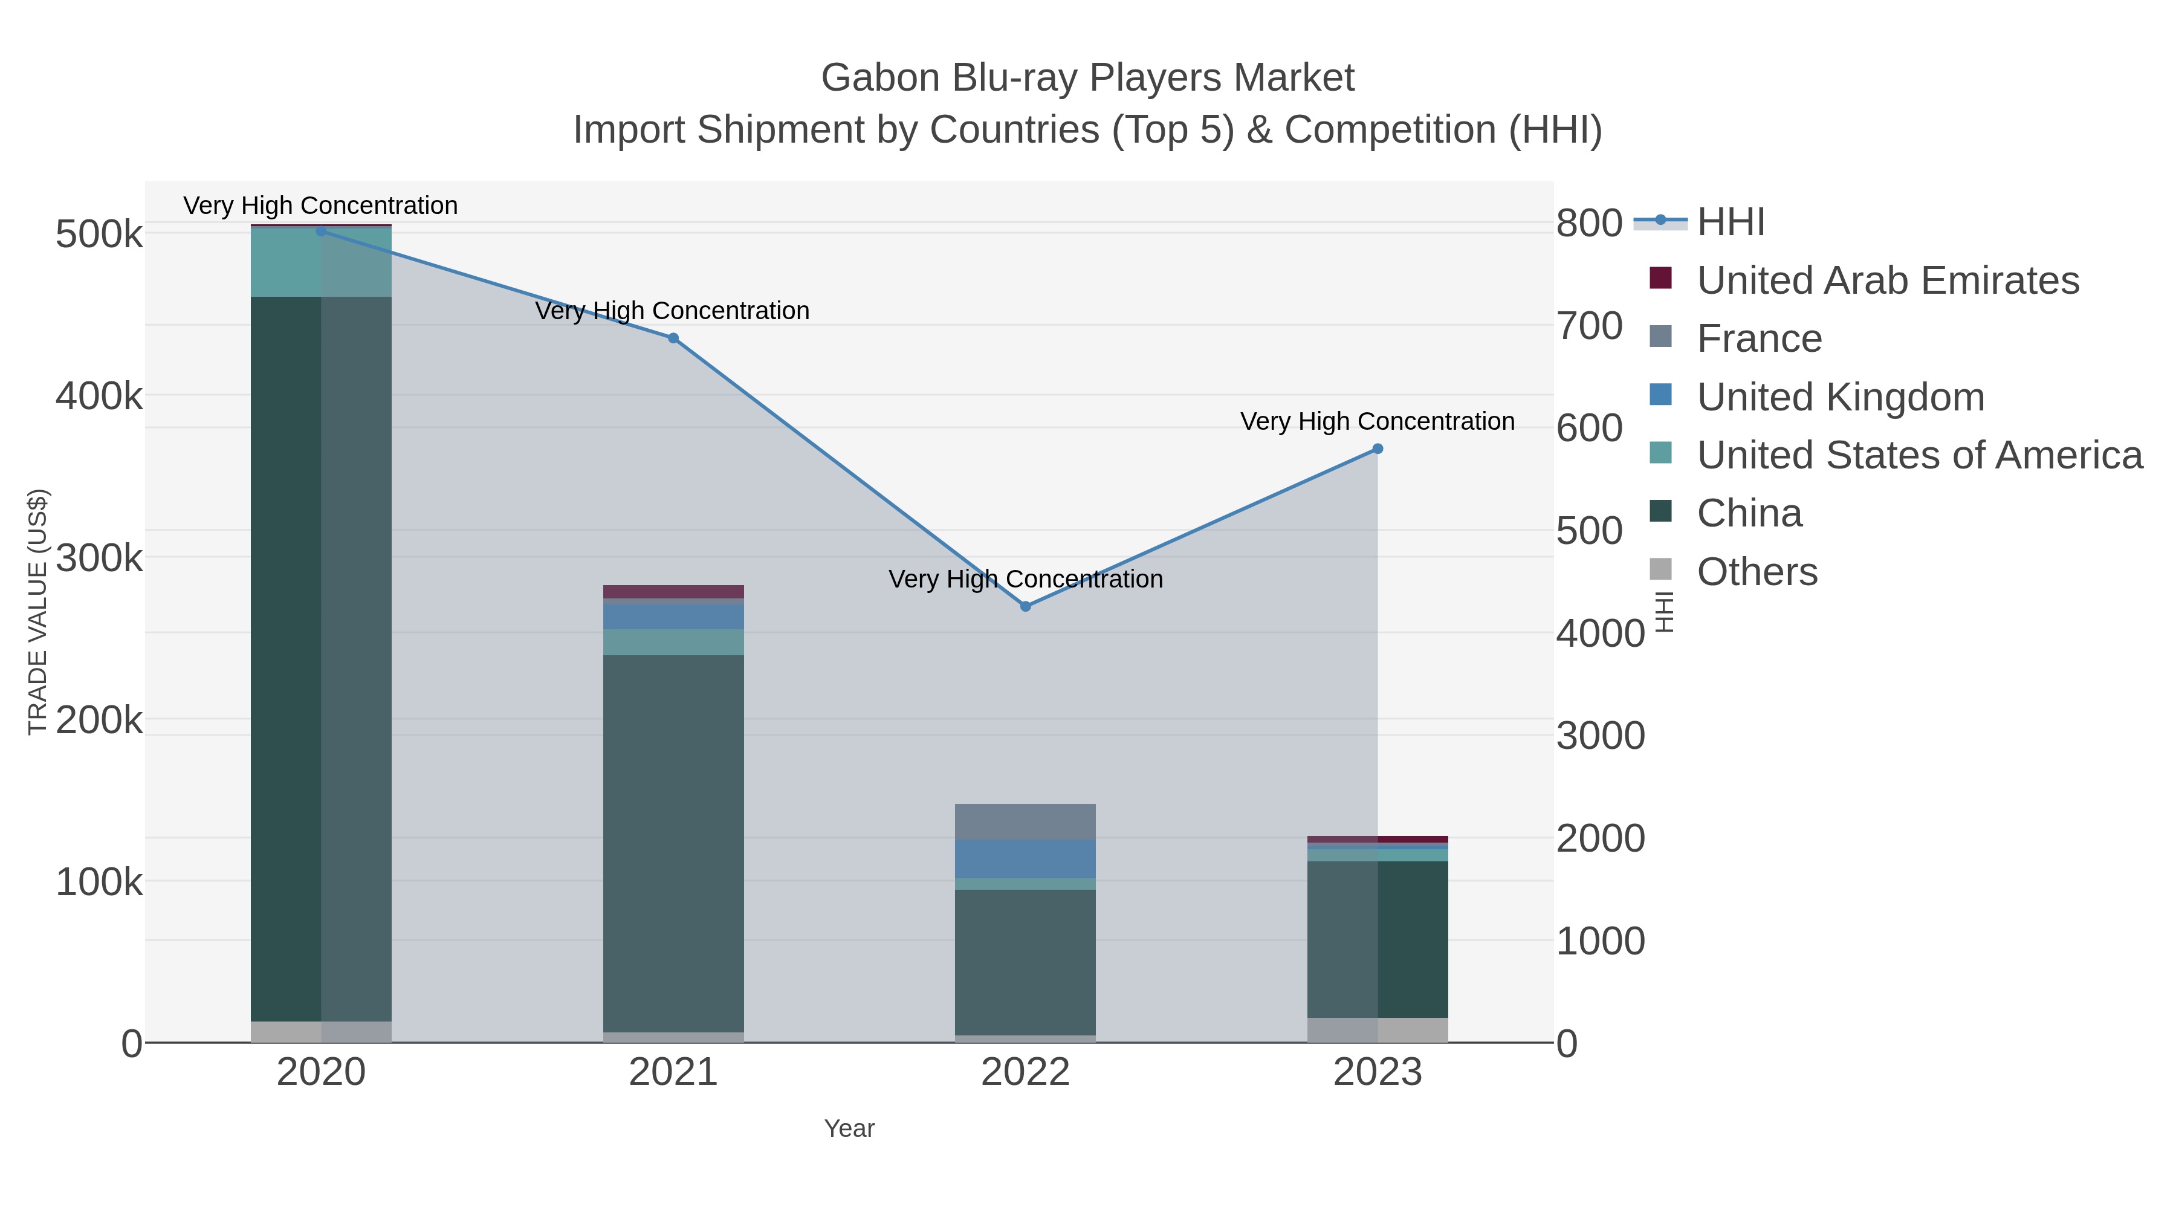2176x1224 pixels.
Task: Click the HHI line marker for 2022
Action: point(1026,606)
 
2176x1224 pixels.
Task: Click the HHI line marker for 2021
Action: point(673,338)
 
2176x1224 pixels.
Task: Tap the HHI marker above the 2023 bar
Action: point(1378,448)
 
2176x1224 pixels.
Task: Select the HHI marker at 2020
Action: point(321,231)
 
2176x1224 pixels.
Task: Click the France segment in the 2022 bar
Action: point(1026,821)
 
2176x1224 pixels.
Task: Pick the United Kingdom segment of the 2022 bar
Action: point(1026,858)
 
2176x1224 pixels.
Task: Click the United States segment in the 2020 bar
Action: point(321,262)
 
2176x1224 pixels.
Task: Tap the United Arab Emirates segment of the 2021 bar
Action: point(673,591)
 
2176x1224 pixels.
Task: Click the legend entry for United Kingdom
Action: point(1840,397)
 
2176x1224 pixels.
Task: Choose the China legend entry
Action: point(1749,514)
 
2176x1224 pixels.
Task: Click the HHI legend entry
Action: point(1730,222)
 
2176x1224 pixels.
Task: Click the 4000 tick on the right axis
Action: point(1600,633)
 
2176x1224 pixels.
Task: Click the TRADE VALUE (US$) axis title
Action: point(38,612)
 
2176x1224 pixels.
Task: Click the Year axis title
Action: point(849,1128)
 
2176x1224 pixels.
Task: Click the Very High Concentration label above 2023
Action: point(1377,421)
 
